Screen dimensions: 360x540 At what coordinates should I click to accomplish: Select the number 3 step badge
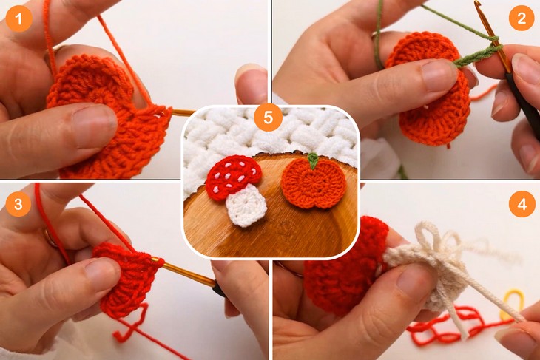18,203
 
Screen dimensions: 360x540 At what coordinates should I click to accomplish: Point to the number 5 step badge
267,117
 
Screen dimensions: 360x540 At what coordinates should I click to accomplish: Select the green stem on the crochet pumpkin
314,160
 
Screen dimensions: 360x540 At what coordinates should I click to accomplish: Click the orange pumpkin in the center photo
314,185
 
